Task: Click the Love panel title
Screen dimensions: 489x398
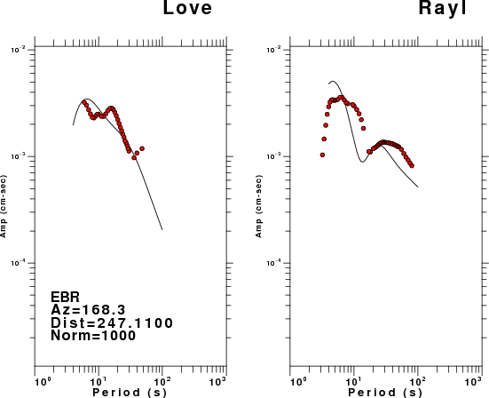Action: point(187,7)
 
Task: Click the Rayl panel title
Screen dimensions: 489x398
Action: point(442,7)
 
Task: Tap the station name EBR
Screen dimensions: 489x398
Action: point(65,297)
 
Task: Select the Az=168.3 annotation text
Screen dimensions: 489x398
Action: point(88,310)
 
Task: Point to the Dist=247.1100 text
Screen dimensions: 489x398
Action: point(112,322)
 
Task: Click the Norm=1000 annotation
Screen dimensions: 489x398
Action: point(93,336)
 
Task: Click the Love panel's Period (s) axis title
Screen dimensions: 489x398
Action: point(130,393)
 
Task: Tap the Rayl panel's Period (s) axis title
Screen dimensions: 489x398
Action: point(385,393)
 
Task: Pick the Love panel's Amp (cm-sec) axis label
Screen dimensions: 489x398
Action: point(4,206)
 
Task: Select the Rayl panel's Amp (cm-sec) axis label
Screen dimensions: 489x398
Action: point(259,206)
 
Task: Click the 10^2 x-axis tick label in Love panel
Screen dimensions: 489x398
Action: point(162,381)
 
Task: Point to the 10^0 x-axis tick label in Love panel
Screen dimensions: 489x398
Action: point(42,381)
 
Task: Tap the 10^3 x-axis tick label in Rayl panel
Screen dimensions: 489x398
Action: point(473,381)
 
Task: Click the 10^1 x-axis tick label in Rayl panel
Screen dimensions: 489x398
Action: point(353,381)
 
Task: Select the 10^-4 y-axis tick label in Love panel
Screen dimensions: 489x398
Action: point(18,263)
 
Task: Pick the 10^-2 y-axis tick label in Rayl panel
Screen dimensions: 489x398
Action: point(273,50)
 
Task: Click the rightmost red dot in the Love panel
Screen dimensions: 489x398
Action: point(142,148)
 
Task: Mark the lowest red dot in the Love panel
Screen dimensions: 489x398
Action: point(134,157)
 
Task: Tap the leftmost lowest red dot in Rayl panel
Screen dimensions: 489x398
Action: point(322,155)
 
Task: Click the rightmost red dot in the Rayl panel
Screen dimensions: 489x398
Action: point(412,166)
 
